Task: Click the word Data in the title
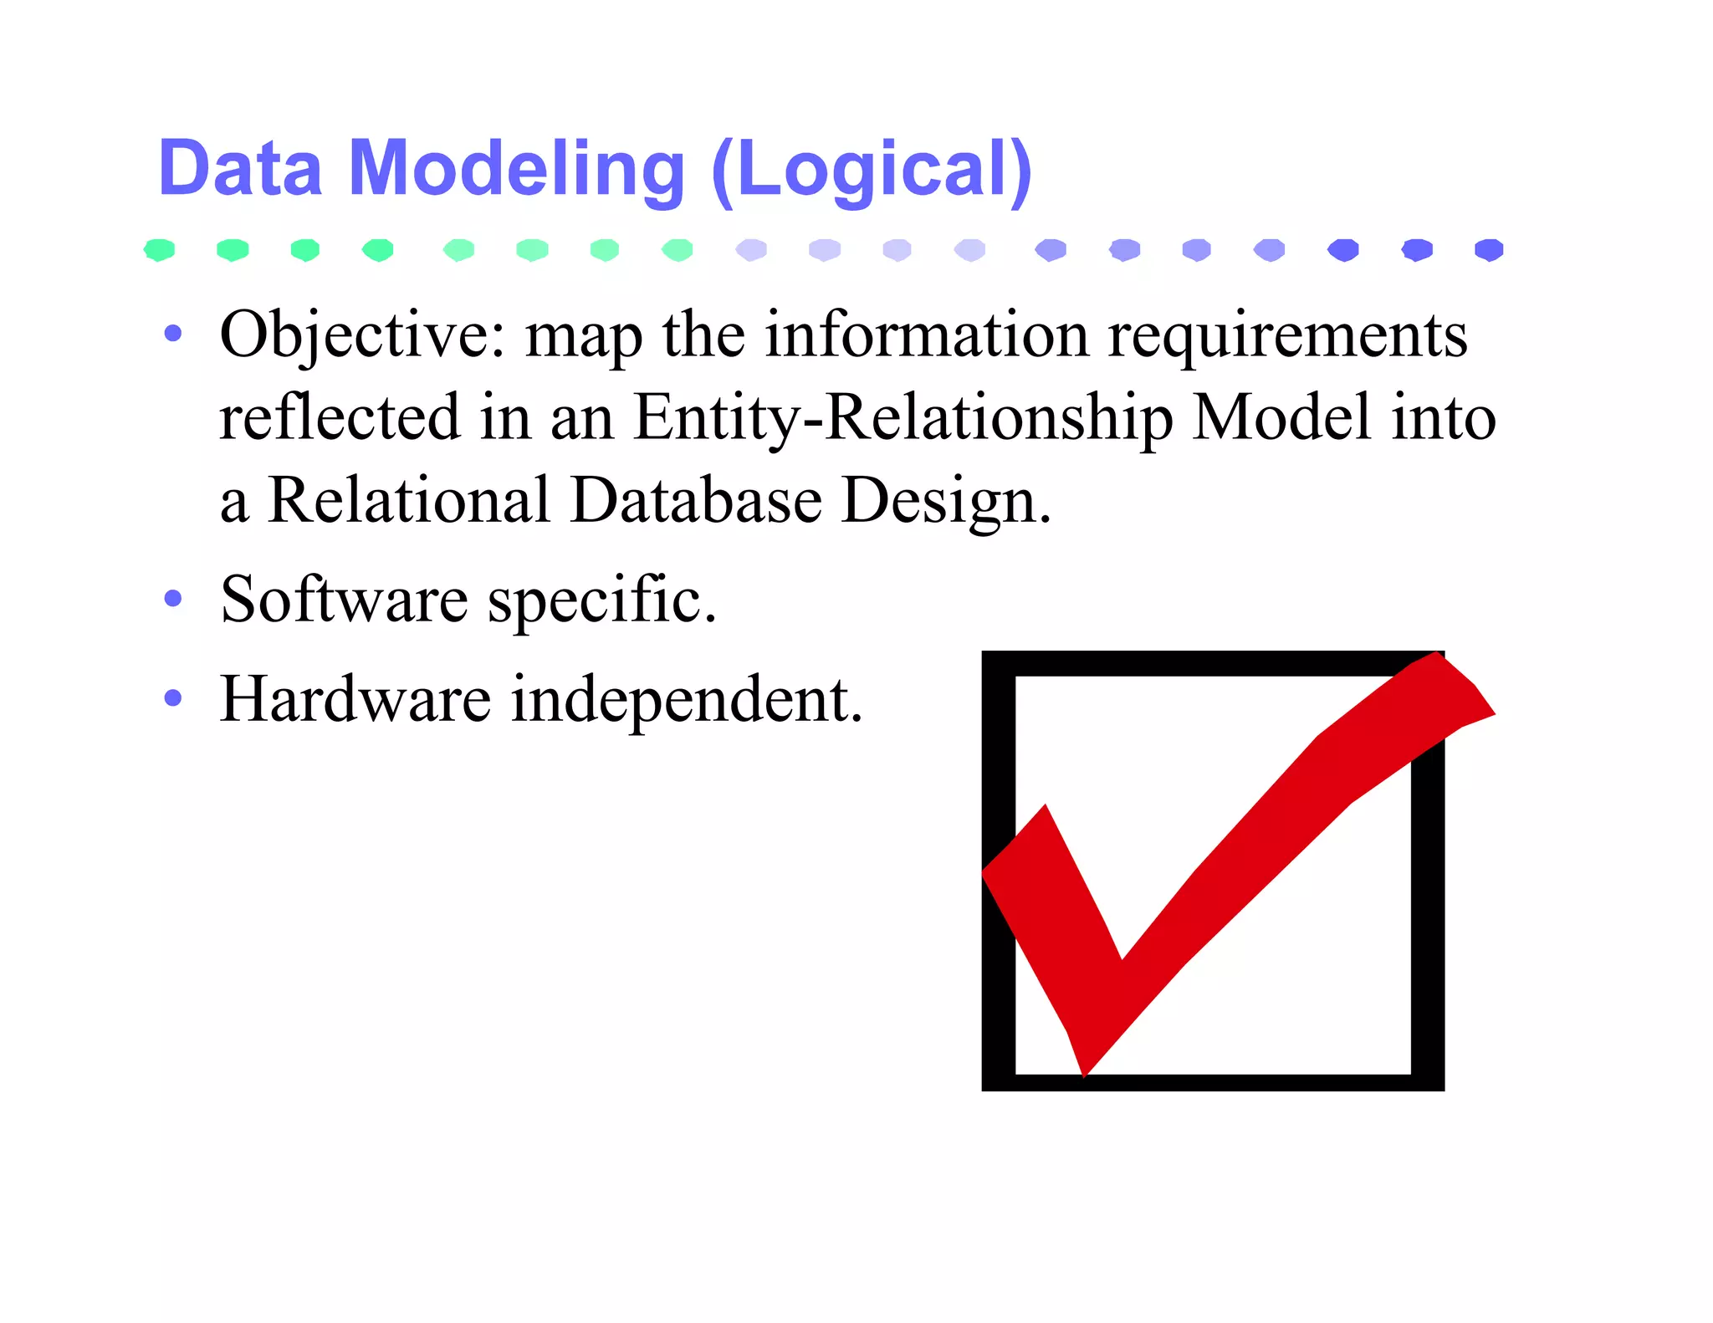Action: pyautogui.click(x=240, y=169)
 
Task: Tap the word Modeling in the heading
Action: pyautogui.click(x=516, y=169)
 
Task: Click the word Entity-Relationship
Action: pyautogui.click(x=903, y=417)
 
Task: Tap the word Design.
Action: pyautogui.click(x=946, y=500)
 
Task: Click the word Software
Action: pyautogui.click(x=344, y=600)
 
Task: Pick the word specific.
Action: pyautogui.click(x=602, y=600)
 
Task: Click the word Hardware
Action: pyautogui.click(x=355, y=699)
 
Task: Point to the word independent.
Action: pyautogui.click(x=687, y=699)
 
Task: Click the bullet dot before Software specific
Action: pyautogui.click(x=173, y=599)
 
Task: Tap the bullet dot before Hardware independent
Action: pyautogui.click(x=173, y=697)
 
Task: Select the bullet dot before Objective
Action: pyautogui.click(x=173, y=334)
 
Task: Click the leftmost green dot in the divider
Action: pyautogui.click(x=159, y=250)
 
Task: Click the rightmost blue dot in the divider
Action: pyautogui.click(x=1489, y=250)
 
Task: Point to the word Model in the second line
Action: pyautogui.click(x=1281, y=417)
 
